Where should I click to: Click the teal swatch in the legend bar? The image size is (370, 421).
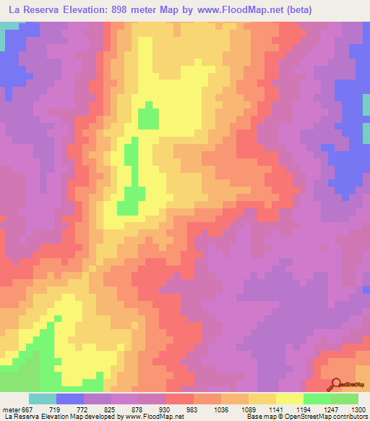[x=43, y=399]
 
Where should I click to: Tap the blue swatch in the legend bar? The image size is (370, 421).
[x=70, y=399]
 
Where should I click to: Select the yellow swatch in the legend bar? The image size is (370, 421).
[x=290, y=399]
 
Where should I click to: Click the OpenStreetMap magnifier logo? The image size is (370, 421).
[x=335, y=384]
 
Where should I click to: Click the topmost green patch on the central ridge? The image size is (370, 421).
[x=149, y=116]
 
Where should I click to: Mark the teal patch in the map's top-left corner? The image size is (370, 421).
[x=9, y=27]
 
